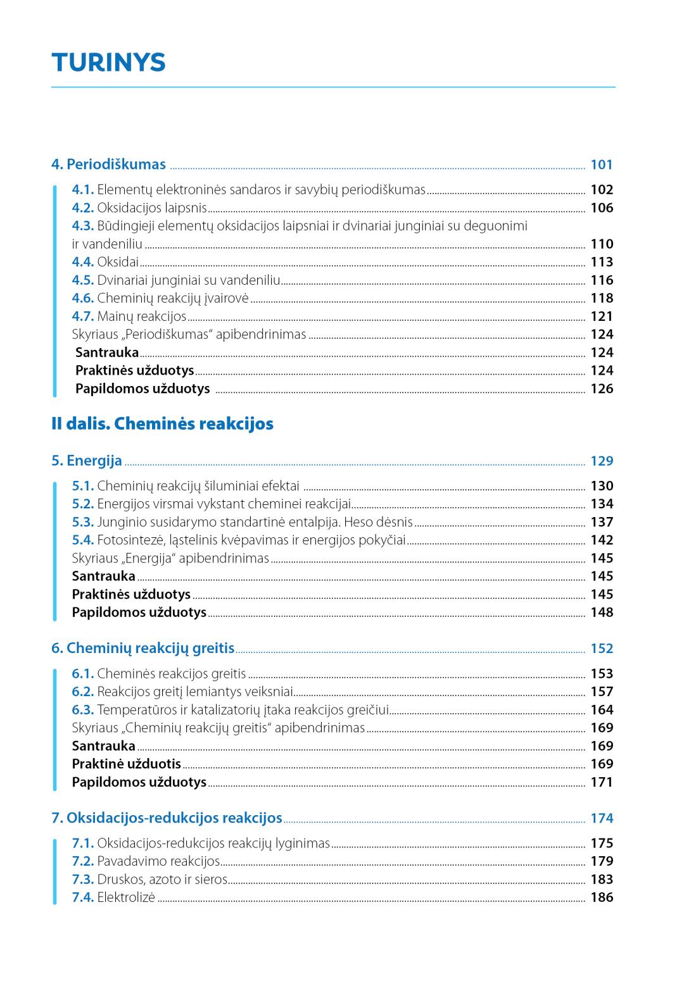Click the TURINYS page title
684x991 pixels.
point(108,63)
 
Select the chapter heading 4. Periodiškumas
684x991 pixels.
point(108,165)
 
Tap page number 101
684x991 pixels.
point(601,165)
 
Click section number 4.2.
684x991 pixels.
point(83,208)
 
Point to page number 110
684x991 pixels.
point(602,244)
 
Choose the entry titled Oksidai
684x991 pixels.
point(118,262)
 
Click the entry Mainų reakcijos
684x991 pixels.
point(142,316)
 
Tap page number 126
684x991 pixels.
point(602,389)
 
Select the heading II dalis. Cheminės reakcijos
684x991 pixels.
point(162,423)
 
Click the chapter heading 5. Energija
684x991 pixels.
point(87,461)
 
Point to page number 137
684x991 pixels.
point(602,522)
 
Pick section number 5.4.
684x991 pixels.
point(83,540)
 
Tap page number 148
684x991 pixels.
point(602,612)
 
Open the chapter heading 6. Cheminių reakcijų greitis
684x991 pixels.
point(142,648)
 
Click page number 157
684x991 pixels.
point(602,692)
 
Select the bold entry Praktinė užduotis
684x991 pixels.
point(126,764)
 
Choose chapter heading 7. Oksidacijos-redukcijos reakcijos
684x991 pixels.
point(167,818)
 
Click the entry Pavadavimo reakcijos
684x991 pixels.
point(158,861)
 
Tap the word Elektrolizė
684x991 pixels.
point(126,897)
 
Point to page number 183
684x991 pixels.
point(602,879)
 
